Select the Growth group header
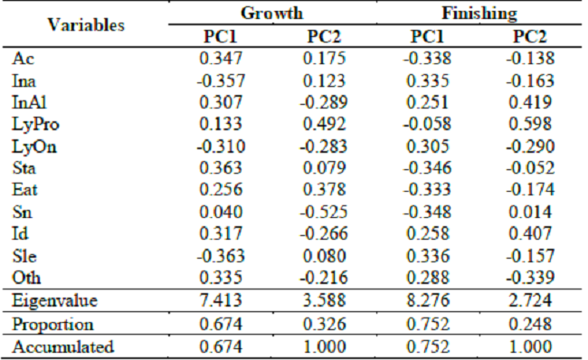(272, 14)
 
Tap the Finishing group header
(479, 14)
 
